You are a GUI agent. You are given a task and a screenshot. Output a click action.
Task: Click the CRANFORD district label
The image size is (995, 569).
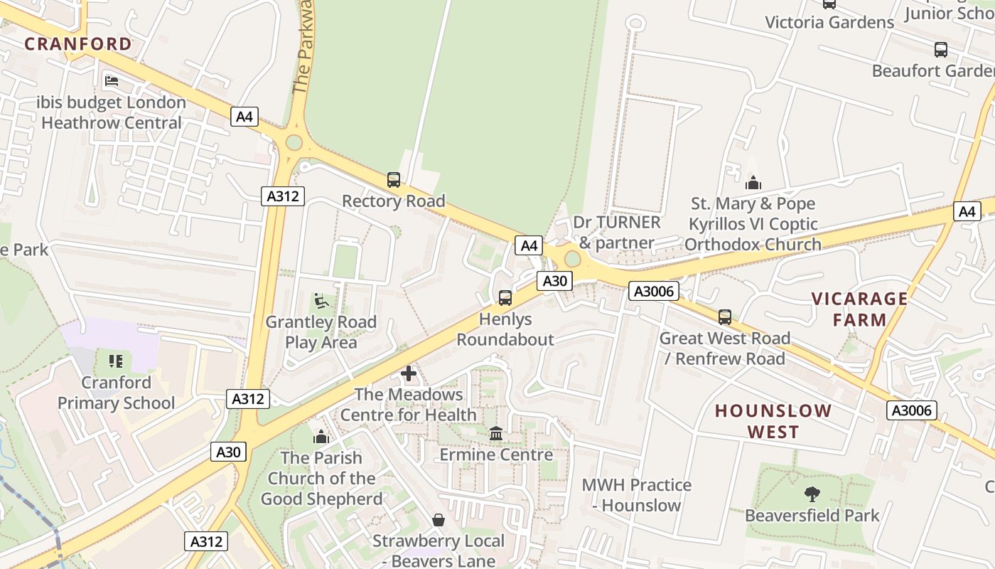point(78,44)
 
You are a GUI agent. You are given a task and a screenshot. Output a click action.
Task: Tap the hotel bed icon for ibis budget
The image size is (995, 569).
point(112,81)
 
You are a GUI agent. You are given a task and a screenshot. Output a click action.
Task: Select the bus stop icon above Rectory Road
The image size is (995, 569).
point(394,180)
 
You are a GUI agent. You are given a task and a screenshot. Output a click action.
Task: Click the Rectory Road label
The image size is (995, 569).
point(394,201)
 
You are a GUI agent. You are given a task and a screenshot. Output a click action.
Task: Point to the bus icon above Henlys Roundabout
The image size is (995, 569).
point(505,297)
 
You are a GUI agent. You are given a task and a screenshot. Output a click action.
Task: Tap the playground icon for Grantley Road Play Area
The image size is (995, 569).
point(321,301)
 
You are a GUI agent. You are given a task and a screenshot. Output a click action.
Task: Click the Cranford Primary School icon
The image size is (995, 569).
point(116,361)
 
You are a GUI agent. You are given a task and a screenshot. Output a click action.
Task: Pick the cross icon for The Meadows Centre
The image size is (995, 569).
point(409,373)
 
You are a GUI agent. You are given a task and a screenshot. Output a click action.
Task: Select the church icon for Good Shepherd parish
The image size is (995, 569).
point(321,437)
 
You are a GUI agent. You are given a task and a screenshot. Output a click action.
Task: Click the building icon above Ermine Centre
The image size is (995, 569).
point(496,433)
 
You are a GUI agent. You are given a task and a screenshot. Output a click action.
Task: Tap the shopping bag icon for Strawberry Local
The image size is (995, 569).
point(439,520)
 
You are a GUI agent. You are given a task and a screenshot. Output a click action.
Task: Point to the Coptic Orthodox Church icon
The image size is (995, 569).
point(753,183)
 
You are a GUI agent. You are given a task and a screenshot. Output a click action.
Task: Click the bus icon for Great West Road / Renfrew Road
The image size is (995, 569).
point(725,317)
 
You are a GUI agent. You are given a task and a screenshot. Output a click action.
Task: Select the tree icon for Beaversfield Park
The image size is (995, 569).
point(812,494)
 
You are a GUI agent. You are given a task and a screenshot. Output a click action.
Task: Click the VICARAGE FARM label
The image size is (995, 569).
point(860,309)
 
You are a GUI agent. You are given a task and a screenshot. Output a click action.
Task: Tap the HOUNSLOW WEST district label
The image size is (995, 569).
point(773,421)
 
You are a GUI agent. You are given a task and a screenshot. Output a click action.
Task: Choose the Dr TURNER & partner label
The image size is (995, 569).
point(616,233)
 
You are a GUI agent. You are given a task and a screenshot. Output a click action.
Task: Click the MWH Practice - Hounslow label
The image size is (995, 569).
point(636,495)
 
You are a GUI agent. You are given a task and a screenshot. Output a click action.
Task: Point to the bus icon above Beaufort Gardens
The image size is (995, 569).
point(941,50)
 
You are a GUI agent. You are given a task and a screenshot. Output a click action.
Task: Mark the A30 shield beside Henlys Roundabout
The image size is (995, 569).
point(554,281)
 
